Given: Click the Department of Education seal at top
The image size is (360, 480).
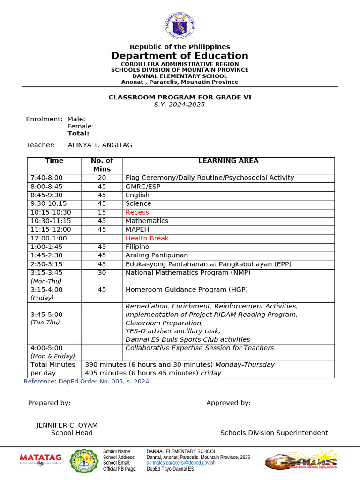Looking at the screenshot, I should tap(180, 26).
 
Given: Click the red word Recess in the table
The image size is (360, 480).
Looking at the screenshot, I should tap(137, 212).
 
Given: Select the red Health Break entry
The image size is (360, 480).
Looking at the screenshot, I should tap(147, 238).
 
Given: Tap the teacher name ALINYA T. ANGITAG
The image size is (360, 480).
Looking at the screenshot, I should tap(100, 145).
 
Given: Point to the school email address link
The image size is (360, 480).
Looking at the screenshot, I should tap(181, 463).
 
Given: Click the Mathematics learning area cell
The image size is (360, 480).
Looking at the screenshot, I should tap(147, 221).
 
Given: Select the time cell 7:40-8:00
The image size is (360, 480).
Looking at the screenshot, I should tap(46, 178).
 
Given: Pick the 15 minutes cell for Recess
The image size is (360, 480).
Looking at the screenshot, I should tap(102, 212).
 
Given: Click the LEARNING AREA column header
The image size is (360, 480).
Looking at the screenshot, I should tap(228, 161).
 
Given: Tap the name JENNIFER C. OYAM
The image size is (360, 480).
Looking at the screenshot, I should tap(67, 425).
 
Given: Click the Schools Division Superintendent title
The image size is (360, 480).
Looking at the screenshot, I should tap(274, 433).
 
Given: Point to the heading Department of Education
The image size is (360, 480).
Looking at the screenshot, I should tap(180, 56).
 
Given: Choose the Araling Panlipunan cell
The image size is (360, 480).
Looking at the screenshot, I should tap(157, 255).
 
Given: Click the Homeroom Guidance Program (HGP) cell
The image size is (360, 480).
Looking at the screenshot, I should tap(187, 290).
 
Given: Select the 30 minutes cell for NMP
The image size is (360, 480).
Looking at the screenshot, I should tap(102, 273).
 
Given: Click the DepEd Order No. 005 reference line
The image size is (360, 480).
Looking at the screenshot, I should tap(86, 382).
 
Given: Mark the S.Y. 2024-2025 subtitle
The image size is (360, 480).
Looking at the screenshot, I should tap(180, 105).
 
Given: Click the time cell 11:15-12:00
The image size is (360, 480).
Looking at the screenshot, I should tap(51, 230).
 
